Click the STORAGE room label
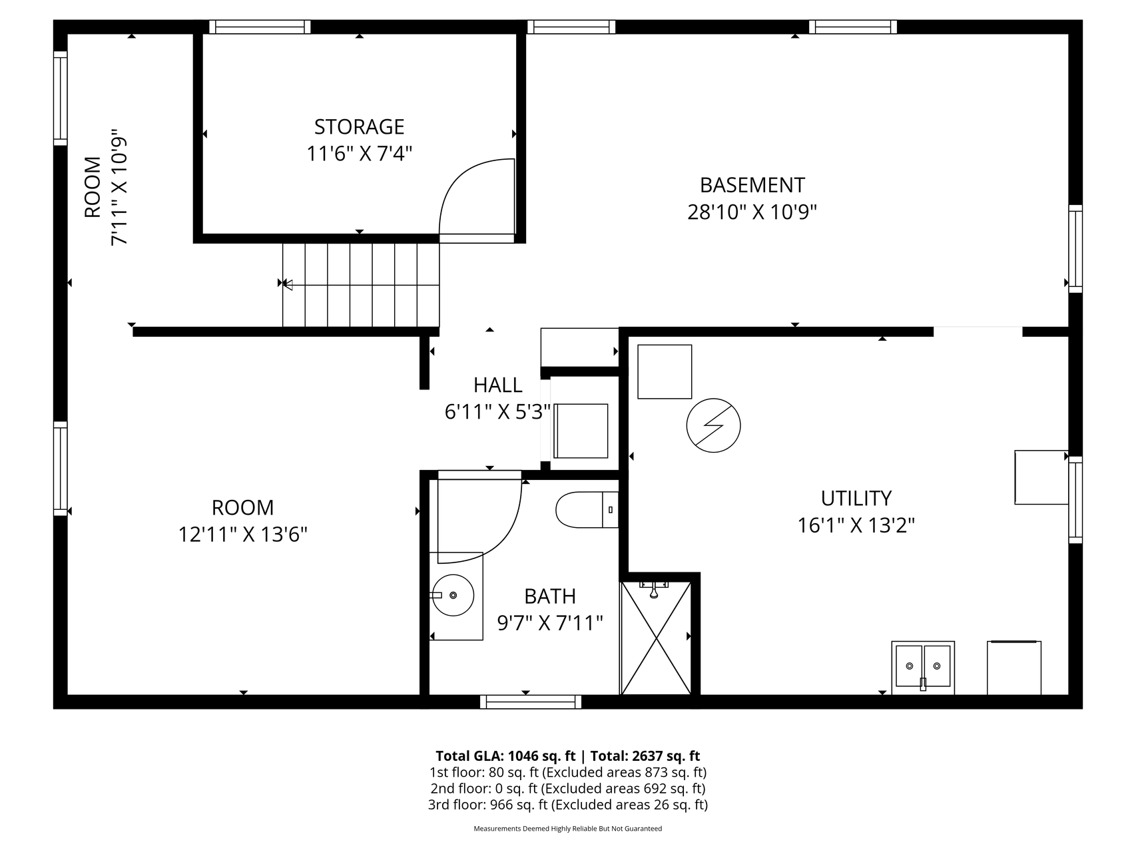pos(359,126)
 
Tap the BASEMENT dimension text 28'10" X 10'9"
pos(752,212)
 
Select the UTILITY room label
pos(856,498)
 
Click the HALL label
pos(497,385)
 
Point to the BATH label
pos(550,596)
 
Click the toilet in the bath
pos(587,510)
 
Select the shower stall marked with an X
pos(657,638)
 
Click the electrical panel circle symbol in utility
pos(713,426)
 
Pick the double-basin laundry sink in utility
pos(923,668)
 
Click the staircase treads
pos(361,285)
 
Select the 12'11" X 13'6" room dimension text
pos(243,534)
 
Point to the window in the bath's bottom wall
pos(530,702)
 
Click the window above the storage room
pos(260,27)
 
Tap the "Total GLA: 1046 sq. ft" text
pos(505,755)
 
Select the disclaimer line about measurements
pos(567,829)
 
